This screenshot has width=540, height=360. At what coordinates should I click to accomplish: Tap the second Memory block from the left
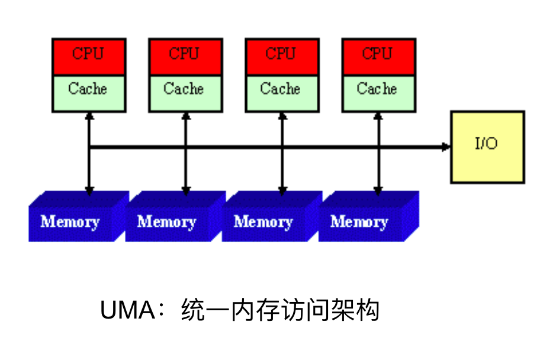tap(168, 222)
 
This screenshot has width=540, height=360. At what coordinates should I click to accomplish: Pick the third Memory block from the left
tap(265, 222)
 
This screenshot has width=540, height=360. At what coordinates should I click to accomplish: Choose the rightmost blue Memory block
tap(361, 222)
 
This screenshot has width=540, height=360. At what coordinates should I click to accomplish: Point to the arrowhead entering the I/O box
tap(446, 146)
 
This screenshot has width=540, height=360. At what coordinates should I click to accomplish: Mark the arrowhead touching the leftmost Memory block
tap(89, 191)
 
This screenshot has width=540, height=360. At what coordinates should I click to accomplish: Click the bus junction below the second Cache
tap(186, 146)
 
